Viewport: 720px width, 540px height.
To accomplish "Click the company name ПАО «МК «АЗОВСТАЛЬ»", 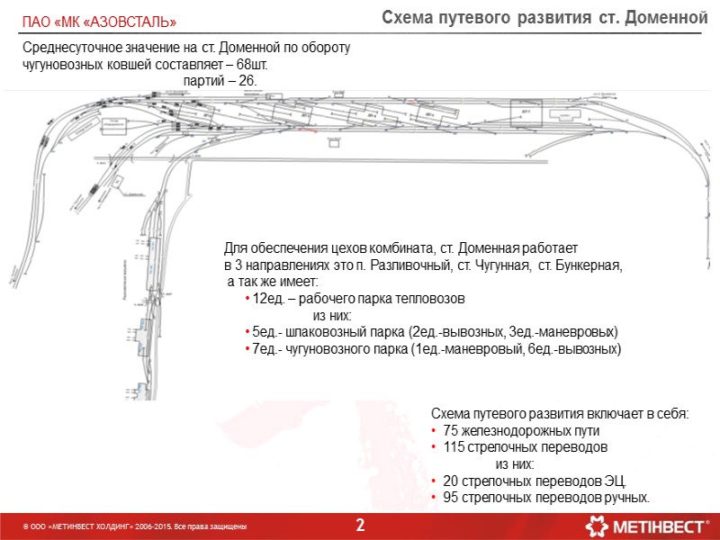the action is pyautogui.click(x=99, y=21).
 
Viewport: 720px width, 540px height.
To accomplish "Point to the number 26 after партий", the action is pyautogui.click(x=246, y=81).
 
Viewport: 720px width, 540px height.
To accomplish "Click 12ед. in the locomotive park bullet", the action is pyautogui.click(x=269, y=300).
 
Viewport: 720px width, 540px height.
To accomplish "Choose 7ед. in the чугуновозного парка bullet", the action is pyautogui.click(x=265, y=349).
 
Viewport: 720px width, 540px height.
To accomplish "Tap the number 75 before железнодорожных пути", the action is pyautogui.click(x=451, y=431).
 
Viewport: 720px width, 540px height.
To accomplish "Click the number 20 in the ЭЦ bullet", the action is pyautogui.click(x=451, y=481).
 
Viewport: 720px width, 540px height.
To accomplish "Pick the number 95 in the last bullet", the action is pyautogui.click(x=451, y=498).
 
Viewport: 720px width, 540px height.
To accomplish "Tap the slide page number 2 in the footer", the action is pyautogui.click(x=360, y=525).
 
